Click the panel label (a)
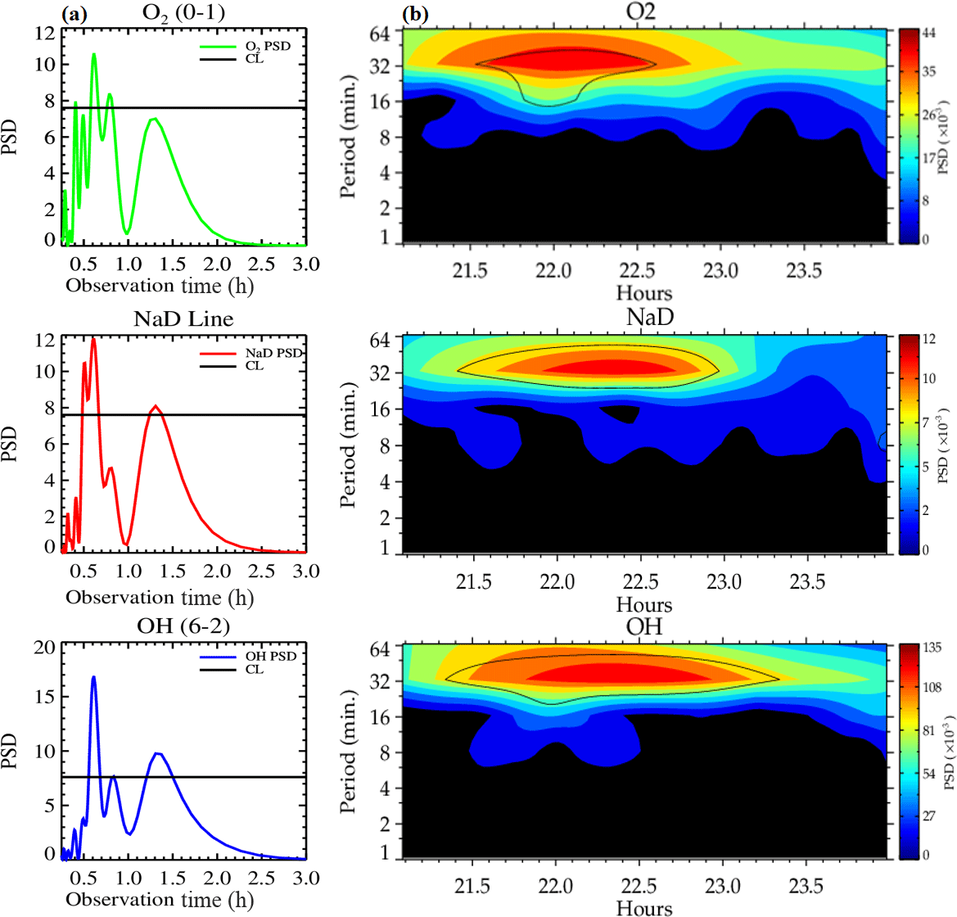click(x=74, y=14)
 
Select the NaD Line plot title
click(x=183, y=318)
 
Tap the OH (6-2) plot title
click(x=183, y=626)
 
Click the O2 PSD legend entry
click(x=268, y=47)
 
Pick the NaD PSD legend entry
click(x=273, y=353)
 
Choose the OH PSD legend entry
click(x=271, y=657)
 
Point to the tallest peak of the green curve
click(x=94, y=54)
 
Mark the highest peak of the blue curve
click(x=94, y=676)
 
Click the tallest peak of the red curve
click(x=93, y=339)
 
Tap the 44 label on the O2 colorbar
click(x=929, y=33)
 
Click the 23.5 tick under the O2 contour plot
click(x=804, y=271)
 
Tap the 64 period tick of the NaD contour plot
click(x=385, y=337)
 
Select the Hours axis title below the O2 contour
click(x=644, y=292)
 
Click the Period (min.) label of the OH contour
click(x=349, y=752)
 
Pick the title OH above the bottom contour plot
click(x=644, y=626)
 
